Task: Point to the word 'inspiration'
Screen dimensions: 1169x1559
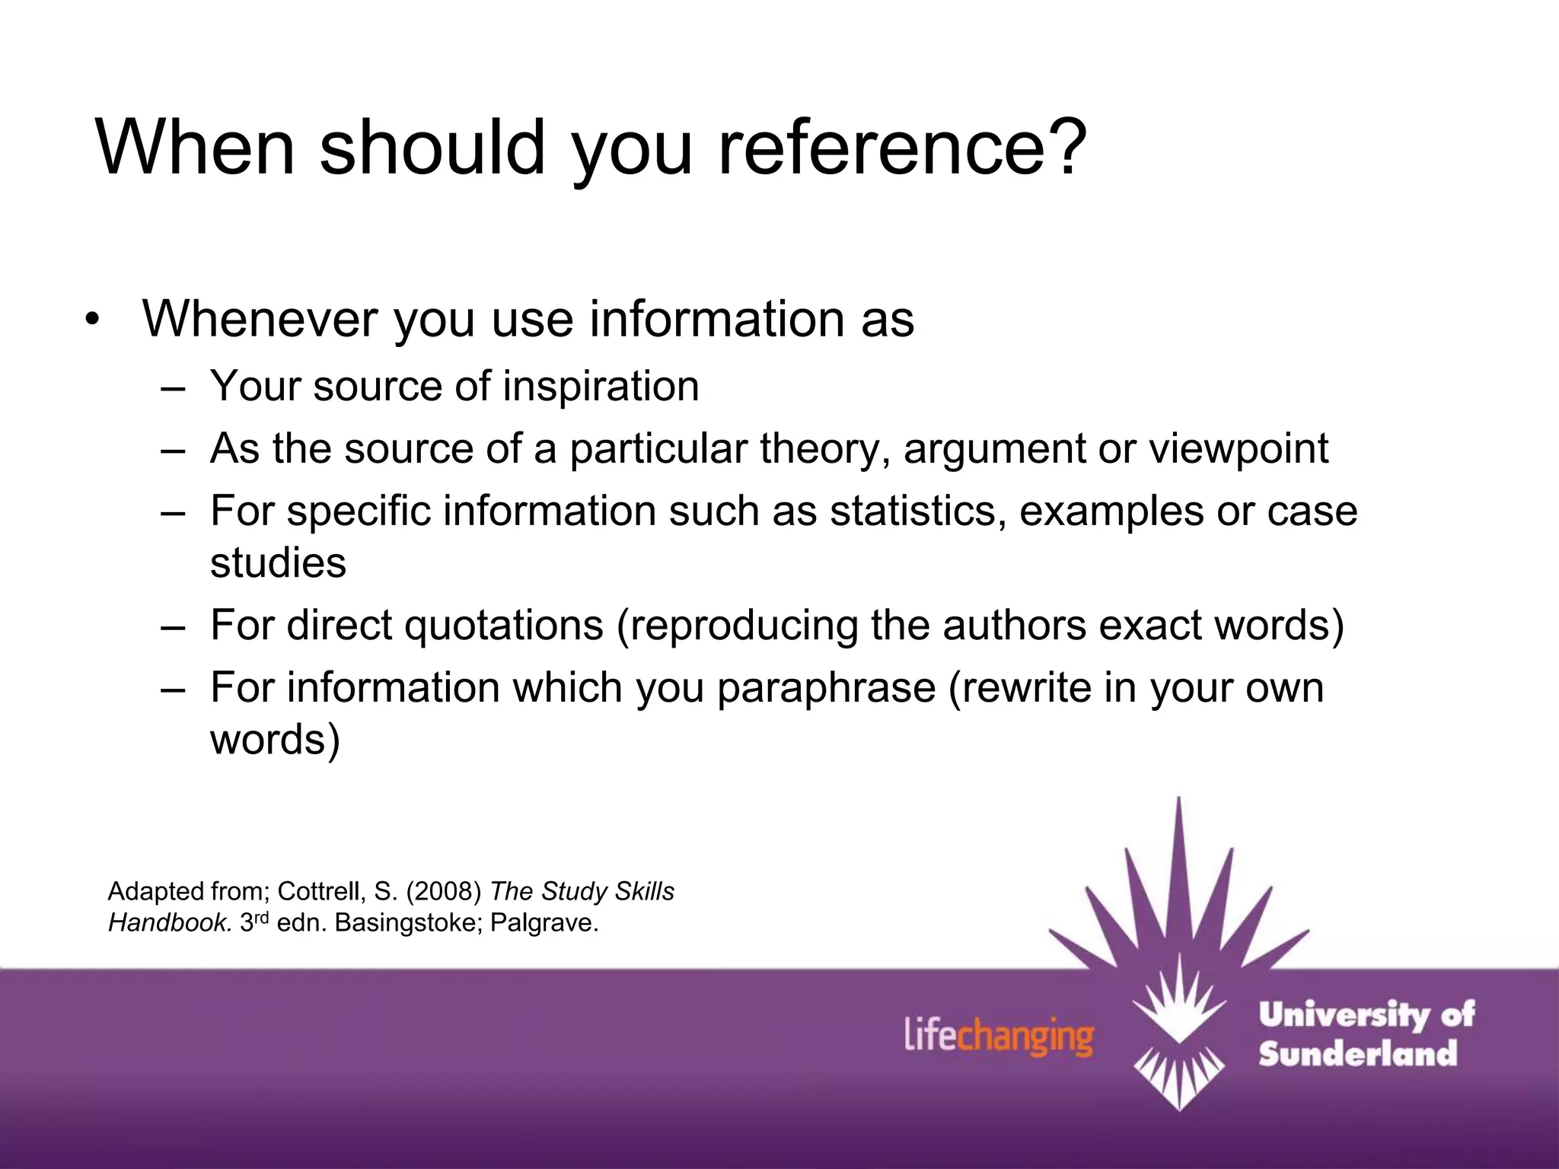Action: pyautogui.click(x=601, y=386)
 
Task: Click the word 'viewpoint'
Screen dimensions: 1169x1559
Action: pyautogui.click(x=1239, y=448)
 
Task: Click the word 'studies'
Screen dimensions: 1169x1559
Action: pyautogui.click(x=278, y=563)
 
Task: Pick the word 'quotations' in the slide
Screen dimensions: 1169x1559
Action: pyautogui.click(x=503, y=626)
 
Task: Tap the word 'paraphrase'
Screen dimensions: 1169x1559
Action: pyautogui.click(x=826, y=688)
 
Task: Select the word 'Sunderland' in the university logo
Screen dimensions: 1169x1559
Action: pyautogui.click(x=1357, y=1054)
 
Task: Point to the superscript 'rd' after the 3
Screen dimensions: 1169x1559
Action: pyautogui.click(x=261, y=917)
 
